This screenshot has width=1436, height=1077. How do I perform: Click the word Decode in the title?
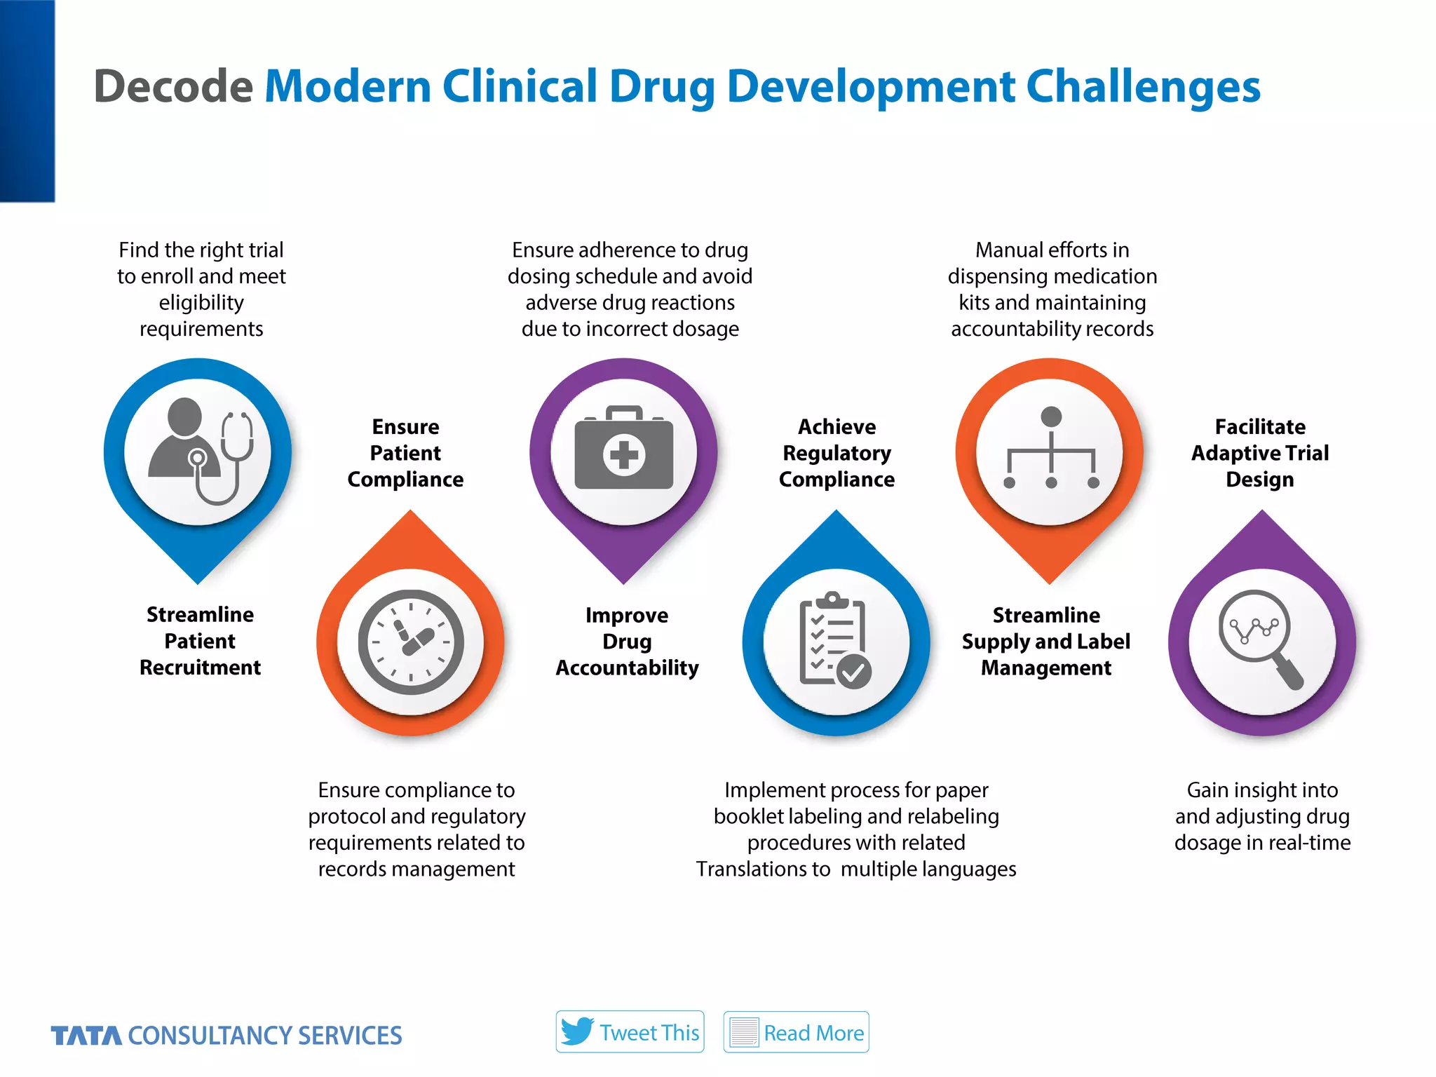(173, 86)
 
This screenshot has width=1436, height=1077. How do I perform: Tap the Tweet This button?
(630, 1031)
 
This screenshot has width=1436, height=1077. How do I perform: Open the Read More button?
(796, 1031)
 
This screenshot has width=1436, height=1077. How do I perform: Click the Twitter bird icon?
(577, 1031)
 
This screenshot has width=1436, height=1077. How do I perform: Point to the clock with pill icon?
(411, 642)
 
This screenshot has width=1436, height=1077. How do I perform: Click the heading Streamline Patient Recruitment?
(200, 641)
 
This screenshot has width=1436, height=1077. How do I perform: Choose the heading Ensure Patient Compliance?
(405, 453)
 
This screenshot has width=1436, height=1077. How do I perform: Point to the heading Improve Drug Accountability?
(627, 642)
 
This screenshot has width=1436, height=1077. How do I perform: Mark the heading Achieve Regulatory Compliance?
(836, 453)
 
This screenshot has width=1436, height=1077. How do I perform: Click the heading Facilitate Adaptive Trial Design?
(1260, 453)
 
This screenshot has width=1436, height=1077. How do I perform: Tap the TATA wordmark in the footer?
(86, 1036)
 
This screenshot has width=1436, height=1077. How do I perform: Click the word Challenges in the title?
(1143, 86)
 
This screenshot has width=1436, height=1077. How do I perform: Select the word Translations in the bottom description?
(763, 869)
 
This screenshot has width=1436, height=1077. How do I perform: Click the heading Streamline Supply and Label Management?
(1045, 642)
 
